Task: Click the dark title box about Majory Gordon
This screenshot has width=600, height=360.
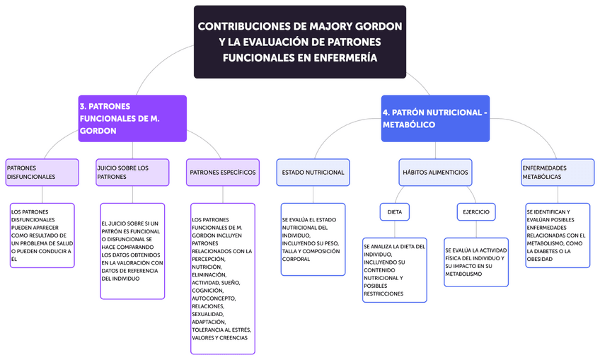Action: [300, 42]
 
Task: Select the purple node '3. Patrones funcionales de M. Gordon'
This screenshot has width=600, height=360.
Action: [132, 118]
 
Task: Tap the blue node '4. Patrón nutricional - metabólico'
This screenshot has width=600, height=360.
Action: [435, 118]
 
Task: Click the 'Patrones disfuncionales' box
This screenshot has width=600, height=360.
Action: [42, 172]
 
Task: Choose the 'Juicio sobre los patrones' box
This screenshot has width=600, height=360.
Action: [132, 172]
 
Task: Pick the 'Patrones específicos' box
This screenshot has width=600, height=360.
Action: [222, 172]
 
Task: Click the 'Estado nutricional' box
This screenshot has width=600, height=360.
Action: [313, 172]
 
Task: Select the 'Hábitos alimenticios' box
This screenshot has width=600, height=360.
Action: [435, 172]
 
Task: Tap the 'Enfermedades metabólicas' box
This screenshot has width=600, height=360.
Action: [557, 172]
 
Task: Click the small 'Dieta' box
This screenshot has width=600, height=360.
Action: [395, 211]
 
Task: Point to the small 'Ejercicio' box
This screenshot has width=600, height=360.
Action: [476, 211]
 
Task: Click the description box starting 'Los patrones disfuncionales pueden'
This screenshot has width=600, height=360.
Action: [42, 236]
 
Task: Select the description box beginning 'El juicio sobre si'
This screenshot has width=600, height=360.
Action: [132, 251]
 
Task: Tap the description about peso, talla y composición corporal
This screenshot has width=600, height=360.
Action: [313, 239]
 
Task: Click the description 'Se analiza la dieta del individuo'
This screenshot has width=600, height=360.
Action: [395, 269]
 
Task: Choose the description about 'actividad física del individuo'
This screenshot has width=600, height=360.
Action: [476, 262]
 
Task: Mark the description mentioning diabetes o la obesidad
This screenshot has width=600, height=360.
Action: [557, 236]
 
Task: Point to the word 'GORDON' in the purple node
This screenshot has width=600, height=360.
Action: [98, 131]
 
